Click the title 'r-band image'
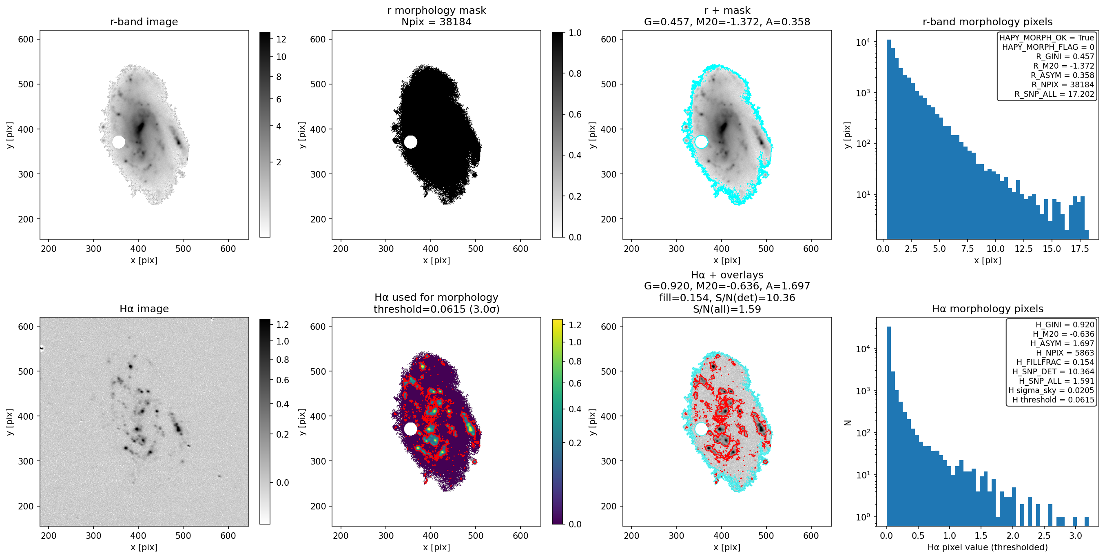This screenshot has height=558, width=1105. [x=144, y=22]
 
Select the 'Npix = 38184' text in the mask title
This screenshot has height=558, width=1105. [x=436, y=22]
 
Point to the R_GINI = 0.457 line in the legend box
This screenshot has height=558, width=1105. [x=1065, y=56]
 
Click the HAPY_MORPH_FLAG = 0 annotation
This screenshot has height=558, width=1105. [x=1048, y=47]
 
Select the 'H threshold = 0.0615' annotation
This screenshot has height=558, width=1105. [x=1053, y=400]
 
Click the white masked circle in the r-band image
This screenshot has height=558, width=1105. [x=119, y=142]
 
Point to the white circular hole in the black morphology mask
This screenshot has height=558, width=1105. [x=410, y=142]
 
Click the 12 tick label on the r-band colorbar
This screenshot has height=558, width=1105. [x=281, y=39]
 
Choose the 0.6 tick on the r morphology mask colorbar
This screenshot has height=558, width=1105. [x=575, y=114]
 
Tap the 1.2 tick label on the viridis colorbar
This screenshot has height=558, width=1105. [x=575, y=325]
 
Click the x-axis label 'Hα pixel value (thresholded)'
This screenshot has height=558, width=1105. [x=988, y=547]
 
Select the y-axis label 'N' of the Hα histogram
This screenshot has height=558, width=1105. [x=848, y=423]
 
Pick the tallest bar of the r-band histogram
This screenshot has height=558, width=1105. [x=889, y=139]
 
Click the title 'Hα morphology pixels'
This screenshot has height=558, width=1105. [x=988, y=309]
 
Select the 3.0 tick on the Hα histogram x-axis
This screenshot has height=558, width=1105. [x=1075, y=536]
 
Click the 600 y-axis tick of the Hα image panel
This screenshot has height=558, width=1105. [x=26, y=327]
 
